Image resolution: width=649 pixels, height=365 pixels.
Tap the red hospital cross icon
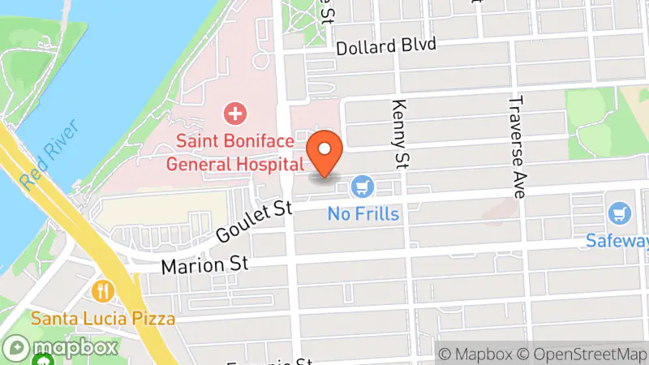pyautogui.click(x=235, y=113)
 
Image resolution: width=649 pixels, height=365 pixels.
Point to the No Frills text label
pyautogui.click(x=363, y=214)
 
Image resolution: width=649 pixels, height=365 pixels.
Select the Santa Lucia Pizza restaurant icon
pyautogui.click(x=103, y=290)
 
